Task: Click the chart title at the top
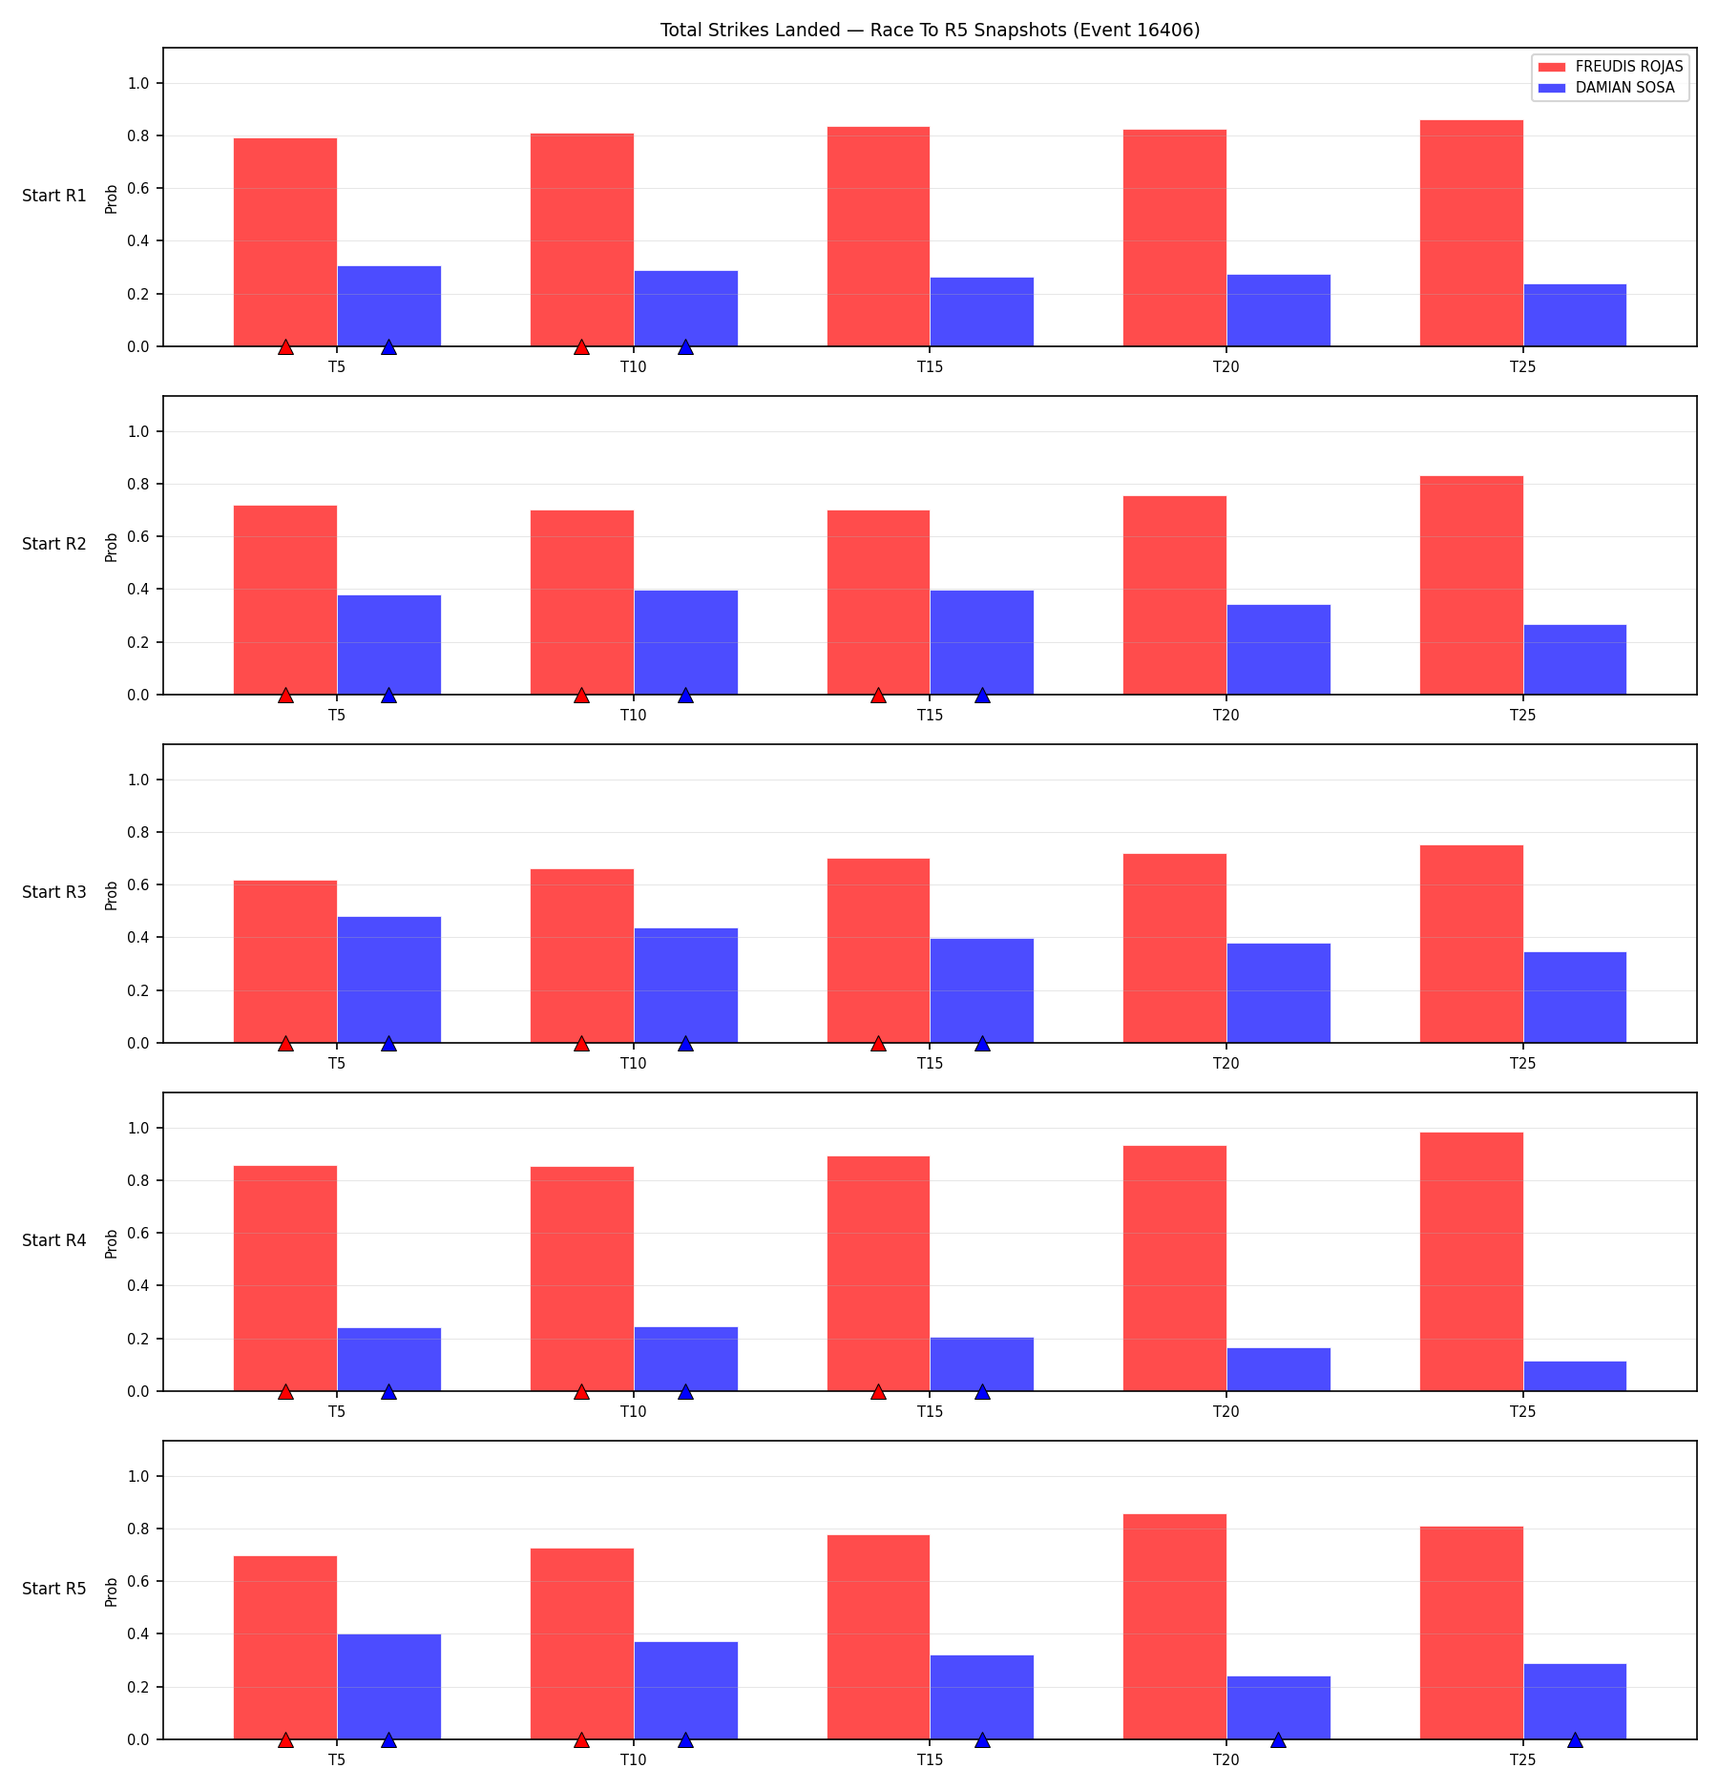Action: [x=930, y=31]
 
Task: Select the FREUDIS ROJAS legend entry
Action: [x=1611, y=67]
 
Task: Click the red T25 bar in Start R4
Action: [x=1471, y=1261]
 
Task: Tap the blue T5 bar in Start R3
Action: [x=388, y=980]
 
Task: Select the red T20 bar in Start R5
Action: [x=1175, y=1627]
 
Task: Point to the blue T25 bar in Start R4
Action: [x=1575, y=1376]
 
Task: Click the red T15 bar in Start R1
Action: [x=878, y=237]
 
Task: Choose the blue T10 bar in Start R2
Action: [x=685, y=642]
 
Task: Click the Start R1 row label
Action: [x=54, y=196]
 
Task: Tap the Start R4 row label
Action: [x=54, y=1240]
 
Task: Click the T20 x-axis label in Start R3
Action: [x=1226, y=1063]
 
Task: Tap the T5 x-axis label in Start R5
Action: [x=337, y=1759]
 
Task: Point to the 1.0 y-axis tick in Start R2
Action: [x=139, y=432]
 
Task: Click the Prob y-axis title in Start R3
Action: [x=112, y=895]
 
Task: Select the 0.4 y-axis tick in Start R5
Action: [x=139, y=1634]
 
